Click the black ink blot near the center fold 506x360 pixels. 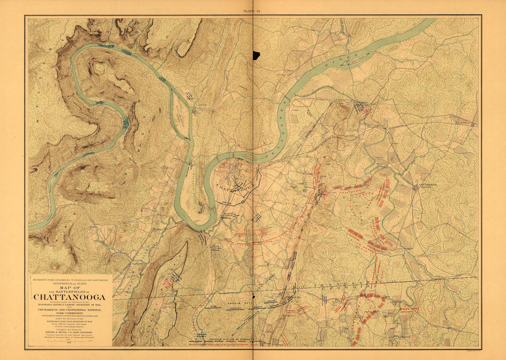[x=256, y=55]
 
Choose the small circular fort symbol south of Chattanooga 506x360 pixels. [x=243, y=201]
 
